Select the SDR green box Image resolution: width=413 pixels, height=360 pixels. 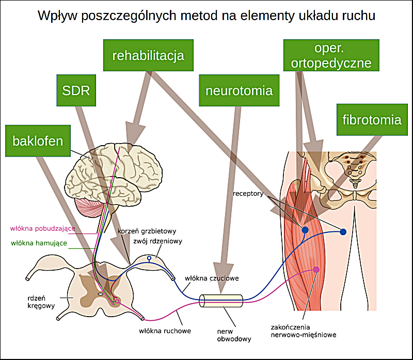(x=76, y=91)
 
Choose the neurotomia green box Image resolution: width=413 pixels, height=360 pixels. (x=239, y=91)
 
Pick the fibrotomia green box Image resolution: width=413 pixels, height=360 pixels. (x=372, y=120)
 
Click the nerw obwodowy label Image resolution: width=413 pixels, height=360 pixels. (x=234, y=335)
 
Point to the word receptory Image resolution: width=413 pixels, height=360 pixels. (x=248, y=194)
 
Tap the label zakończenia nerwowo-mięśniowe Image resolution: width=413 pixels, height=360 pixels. (x=303, y=331)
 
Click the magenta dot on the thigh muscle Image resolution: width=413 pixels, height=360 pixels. (x=316, y=270)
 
